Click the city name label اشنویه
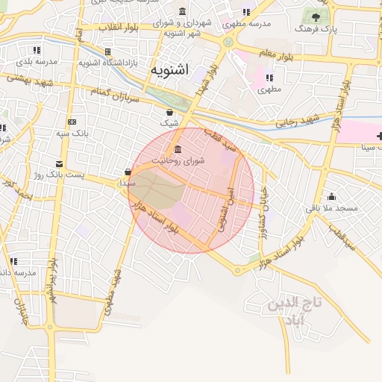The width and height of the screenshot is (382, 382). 170,70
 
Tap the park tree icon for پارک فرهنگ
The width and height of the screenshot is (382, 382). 319,16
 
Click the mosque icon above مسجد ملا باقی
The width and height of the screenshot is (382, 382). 331,197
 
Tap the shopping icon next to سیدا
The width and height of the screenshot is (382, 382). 128,172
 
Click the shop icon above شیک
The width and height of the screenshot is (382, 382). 170,112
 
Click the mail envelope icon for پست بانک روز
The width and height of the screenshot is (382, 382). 59,163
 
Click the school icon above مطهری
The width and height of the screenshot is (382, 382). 269,77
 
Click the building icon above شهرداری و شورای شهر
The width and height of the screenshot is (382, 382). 183,12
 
